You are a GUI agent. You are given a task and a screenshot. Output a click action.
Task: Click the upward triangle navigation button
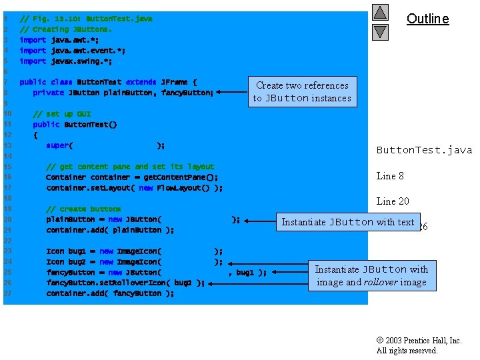380,13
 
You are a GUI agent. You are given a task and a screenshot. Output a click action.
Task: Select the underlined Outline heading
428,19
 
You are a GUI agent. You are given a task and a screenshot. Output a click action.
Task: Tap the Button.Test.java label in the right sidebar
424,150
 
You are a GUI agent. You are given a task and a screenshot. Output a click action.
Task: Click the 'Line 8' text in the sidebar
390,176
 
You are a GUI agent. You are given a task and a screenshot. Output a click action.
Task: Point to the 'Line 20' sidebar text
393,201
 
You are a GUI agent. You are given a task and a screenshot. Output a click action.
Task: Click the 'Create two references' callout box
302,91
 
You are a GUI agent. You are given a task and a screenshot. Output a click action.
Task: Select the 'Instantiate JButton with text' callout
348,222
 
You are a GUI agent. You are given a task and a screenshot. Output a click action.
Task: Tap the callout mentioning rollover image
371,275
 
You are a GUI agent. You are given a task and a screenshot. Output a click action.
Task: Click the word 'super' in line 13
57,145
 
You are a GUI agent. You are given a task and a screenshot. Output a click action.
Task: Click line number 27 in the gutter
7,293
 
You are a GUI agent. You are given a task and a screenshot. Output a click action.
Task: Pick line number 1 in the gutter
5,19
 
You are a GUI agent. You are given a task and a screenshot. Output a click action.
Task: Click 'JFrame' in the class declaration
175,82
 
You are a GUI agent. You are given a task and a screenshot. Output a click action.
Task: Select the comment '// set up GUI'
62,114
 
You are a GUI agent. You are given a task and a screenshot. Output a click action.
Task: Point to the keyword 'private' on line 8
49,93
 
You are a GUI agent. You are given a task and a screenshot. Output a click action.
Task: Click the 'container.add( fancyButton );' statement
110,293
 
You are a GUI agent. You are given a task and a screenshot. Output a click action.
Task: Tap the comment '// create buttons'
83,209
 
